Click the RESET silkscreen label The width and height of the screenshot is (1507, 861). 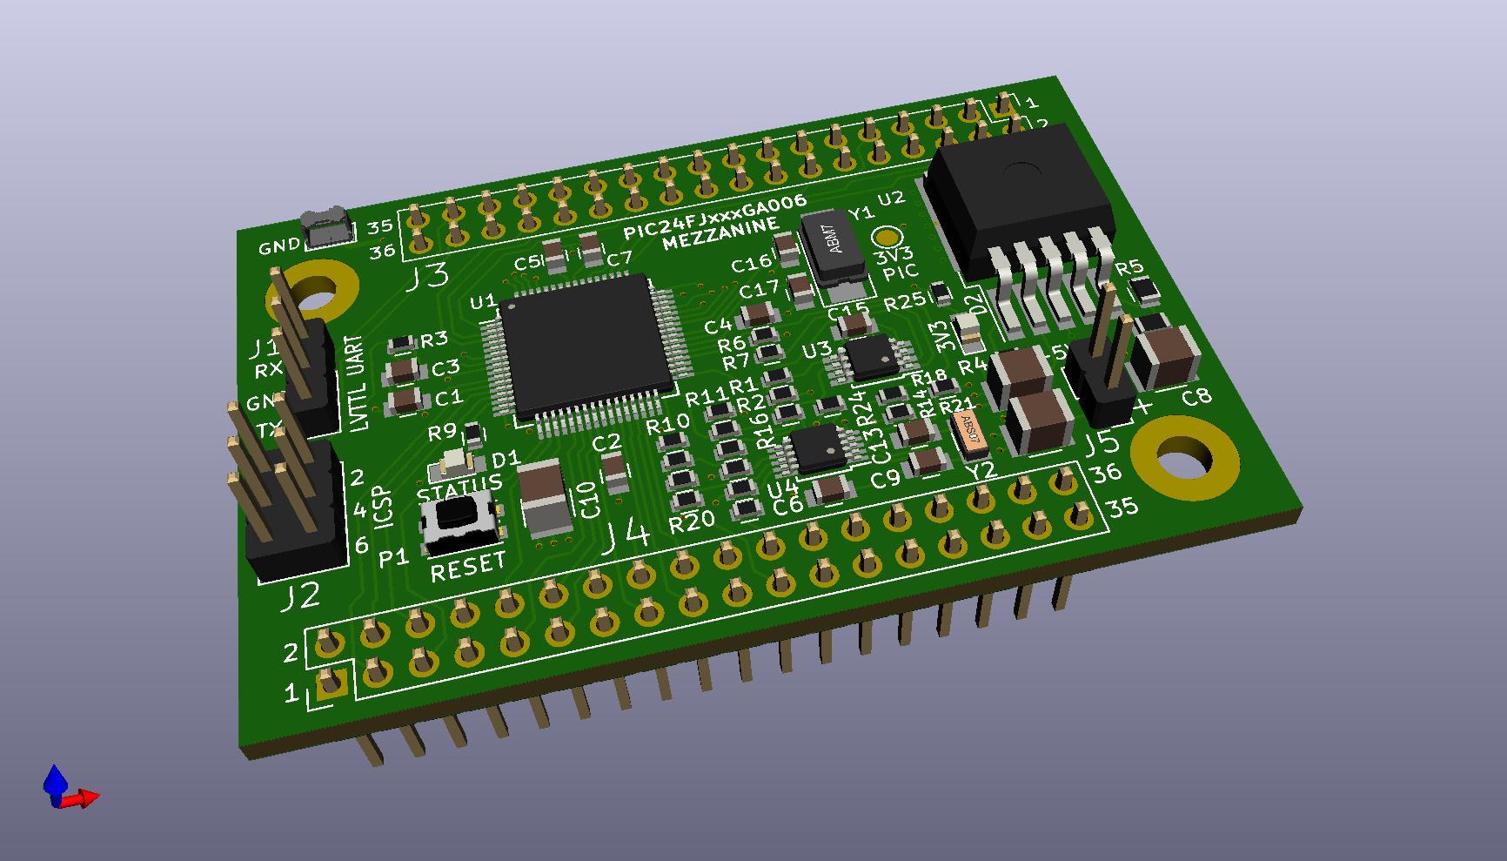coord(467,567)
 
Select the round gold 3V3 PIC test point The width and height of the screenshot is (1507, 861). coord(887,237)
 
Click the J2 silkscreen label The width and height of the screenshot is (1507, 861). coord(301,596)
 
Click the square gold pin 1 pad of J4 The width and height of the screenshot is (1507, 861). coord(332,687)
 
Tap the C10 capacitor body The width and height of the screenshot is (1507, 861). coord(543,497)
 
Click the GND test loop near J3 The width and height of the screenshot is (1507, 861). coord(325,228)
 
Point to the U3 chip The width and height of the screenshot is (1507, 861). coord(871,357)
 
